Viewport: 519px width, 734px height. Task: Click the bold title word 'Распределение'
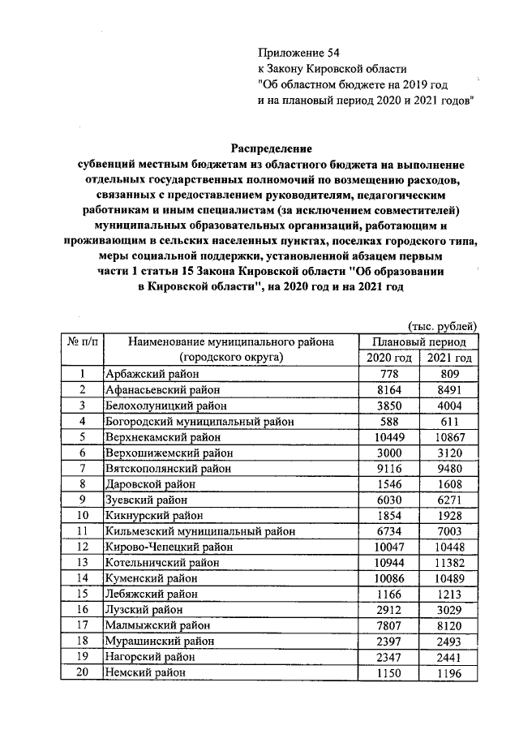tap(271, 148)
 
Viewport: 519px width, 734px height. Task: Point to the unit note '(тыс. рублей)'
tap(443, 327)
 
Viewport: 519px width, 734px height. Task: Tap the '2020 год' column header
tap(387, 358)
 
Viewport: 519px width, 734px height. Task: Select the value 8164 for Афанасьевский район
tap(387, 389)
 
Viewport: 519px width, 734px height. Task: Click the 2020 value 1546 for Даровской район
tap(387, 483)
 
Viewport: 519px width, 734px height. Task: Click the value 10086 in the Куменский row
tap(387, 577)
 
